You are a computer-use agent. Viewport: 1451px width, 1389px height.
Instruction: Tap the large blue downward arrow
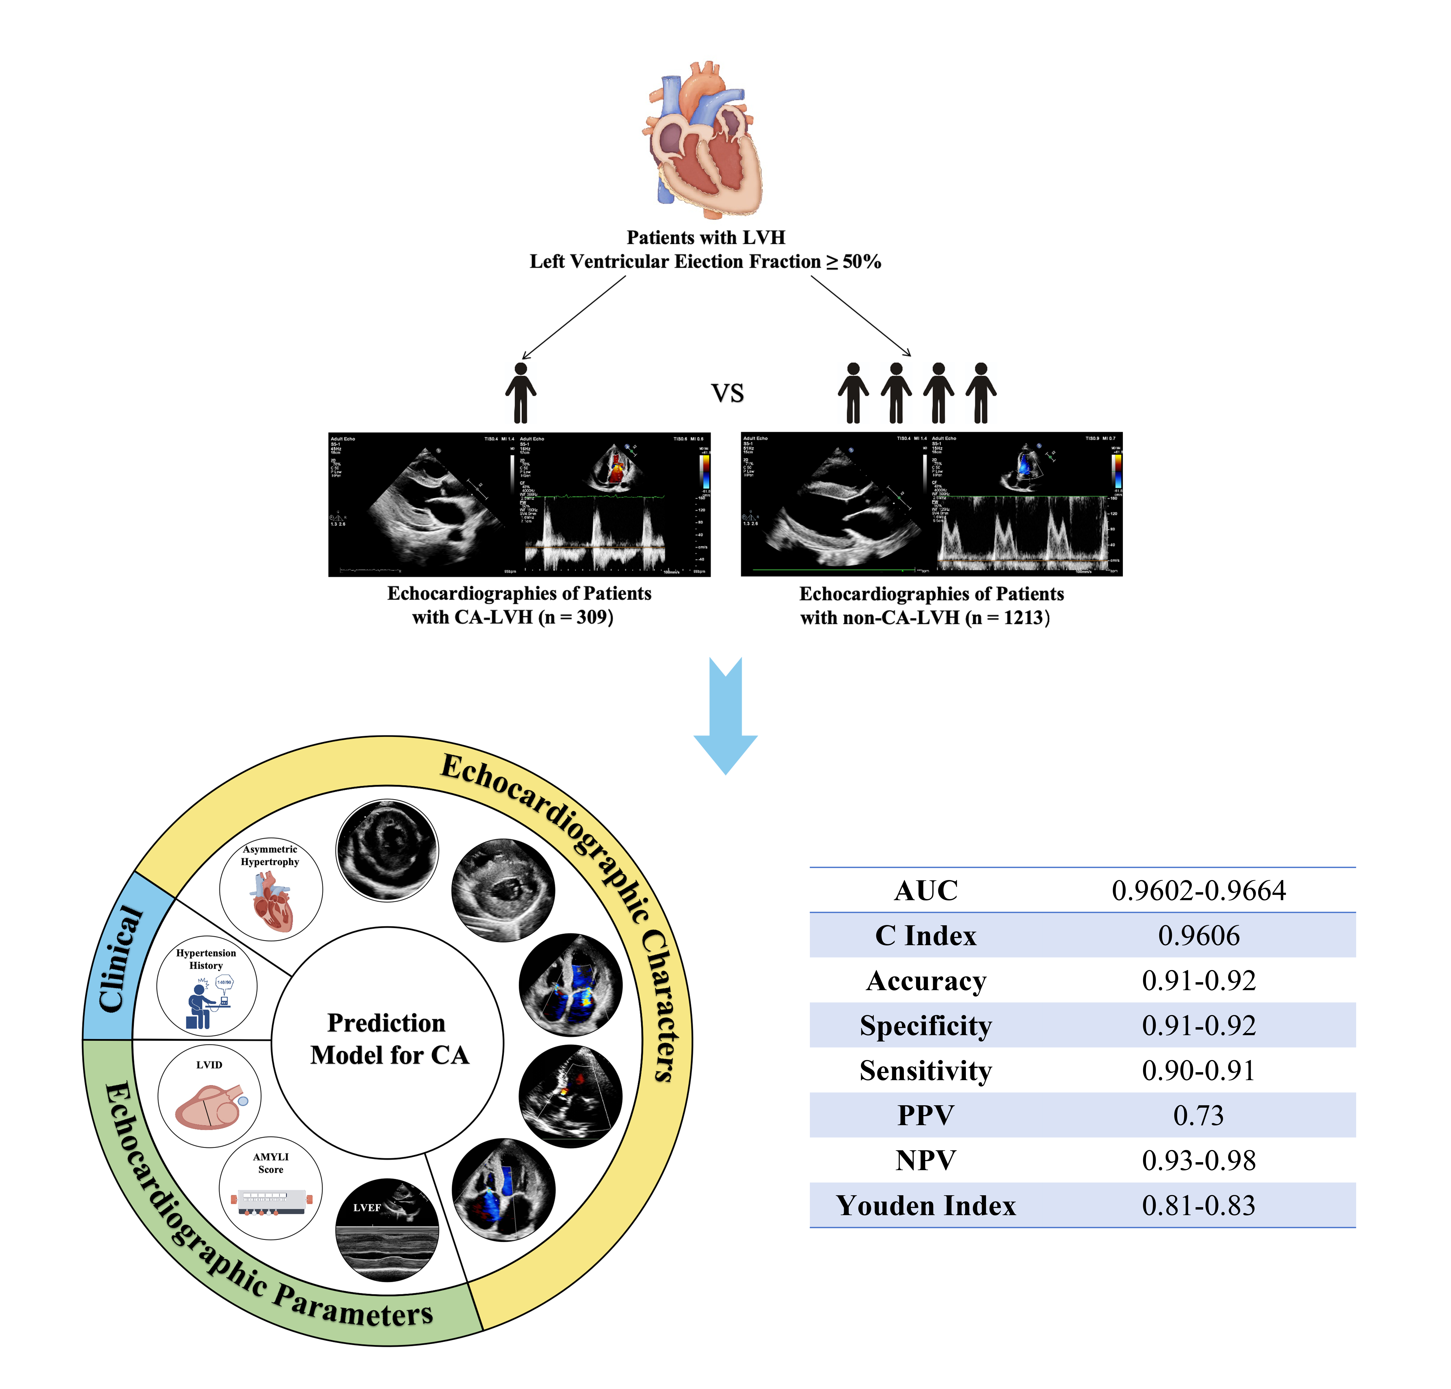coord(726,714)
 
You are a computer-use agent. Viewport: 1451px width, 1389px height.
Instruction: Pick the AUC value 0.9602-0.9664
coord(1199,890)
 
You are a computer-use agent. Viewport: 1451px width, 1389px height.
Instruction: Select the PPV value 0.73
coord(1199,1115)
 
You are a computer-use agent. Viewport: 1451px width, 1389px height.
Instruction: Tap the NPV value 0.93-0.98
coord(1199,1160)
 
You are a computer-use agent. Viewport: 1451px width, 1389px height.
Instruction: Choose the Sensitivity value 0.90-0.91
coord(1199,1070)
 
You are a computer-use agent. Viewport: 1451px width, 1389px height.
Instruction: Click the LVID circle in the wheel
coord(209,1096)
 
